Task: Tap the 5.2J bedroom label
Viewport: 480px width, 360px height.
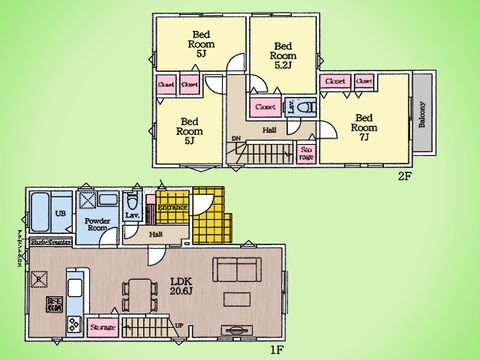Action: [x=283, y=51]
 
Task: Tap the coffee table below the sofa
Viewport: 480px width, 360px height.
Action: [x=237, y=299]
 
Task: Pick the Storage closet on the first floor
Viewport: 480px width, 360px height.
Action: [x=103, y=327]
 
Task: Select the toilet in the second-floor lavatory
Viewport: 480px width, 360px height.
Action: [x=307, y=105]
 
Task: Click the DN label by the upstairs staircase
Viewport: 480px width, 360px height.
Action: [x=236, y=139]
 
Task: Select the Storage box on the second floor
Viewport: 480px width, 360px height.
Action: [x=307, y=151]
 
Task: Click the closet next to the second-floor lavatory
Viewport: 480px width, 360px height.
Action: [x=266, y=106]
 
